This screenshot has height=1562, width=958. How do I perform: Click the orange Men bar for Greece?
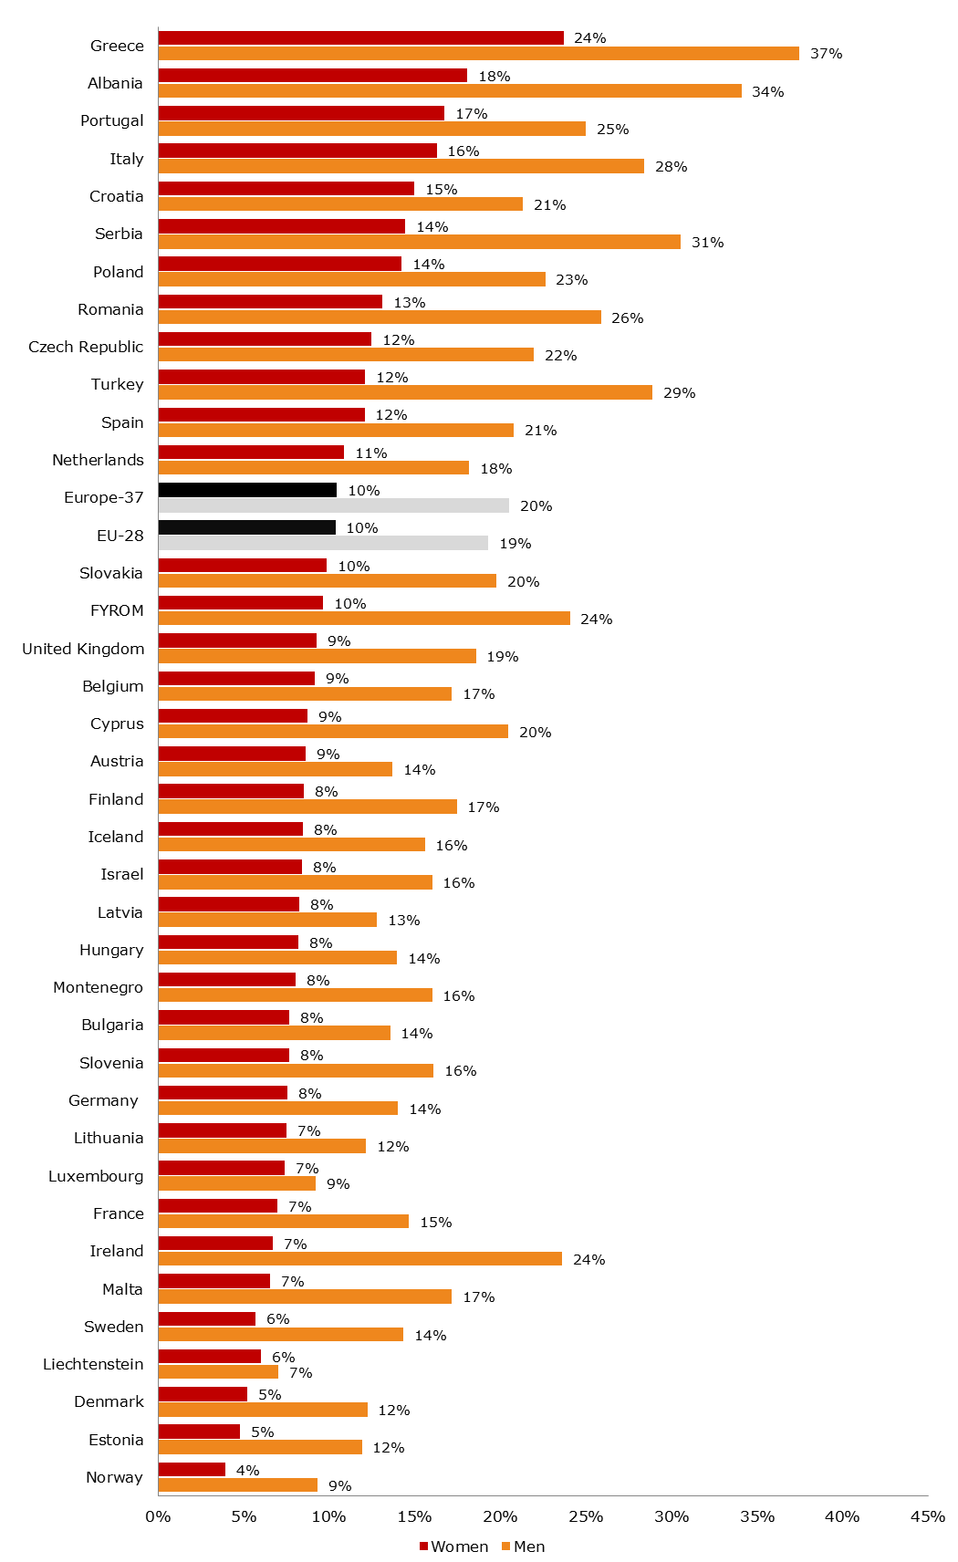[x=478, y=54]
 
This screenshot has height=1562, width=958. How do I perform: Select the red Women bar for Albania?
[x=312, y=76]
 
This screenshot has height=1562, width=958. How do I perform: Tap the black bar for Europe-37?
[x=247, y=490]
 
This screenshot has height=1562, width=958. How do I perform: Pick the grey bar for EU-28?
[x=323, y=544]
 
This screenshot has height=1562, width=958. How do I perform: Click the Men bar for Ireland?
[x=359, y=1259]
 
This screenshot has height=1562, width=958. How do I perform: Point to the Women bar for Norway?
[x=192, y=1470]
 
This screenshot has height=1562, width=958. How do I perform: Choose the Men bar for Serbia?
[x=419, y=242]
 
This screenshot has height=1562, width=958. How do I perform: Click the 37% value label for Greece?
[x=826, y=54]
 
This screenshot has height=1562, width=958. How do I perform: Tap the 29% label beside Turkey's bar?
[x=679, y=393]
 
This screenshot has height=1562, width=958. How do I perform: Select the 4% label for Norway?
[x=247, y=1470]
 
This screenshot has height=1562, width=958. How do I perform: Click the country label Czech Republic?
[x=86, y=347]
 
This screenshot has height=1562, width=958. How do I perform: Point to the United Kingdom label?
[x=83, y=649]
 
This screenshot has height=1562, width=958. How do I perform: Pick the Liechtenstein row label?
[x=93, y=1364]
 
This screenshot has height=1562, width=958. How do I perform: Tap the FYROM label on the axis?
[x=117, y=610]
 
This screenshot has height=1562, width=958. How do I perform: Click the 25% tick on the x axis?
[x=586, y=1516]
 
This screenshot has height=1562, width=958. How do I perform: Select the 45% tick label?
[x=928, y=1516]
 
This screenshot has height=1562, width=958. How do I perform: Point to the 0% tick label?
[x=158, y=1516]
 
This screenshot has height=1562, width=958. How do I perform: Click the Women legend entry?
[x=453, y=1546]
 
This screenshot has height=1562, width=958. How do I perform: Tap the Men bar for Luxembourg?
[x=236, y=1183]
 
